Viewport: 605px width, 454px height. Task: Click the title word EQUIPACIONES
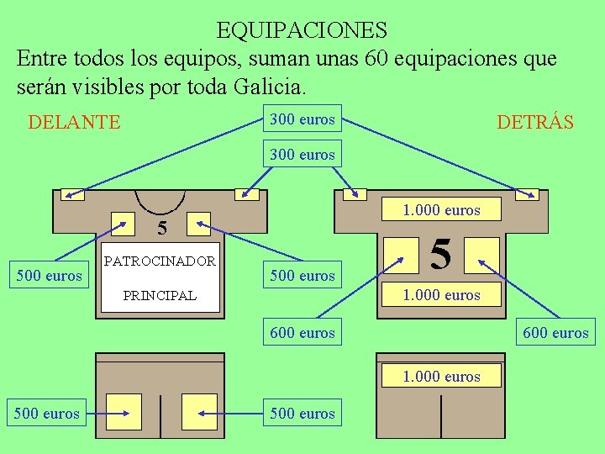pyautogui.click(x=302, y=30)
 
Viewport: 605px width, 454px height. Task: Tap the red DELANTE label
pyautogui.click(x=74, y=123)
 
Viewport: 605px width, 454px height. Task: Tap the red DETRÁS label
pyautogui.click(x=535, y=123)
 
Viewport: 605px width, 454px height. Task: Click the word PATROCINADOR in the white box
pyautogui.click(x=160, y=261)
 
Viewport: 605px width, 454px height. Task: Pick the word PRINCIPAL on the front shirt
pyautogui.click(x=160, y=295)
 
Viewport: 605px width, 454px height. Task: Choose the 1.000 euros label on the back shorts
pyautogui.click(x=441, y=376)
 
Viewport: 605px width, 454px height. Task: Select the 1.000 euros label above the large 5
pyautogui.click(x=441, y=210)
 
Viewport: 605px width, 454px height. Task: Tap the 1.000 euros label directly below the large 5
pyautogui.click(x=441, y=294)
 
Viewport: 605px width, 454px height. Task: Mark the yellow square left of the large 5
pyautogui.click(x=402, y=254)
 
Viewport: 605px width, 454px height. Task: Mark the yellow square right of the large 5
pyautogui.click(x=482, y=254)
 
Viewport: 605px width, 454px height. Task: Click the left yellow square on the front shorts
pyautogui.click(x=124, y=411)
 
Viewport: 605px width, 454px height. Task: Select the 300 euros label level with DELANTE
pyautogui.click(x=302, y=119)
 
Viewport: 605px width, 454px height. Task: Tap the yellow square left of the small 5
pyautogui.click(x=124, y=223)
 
